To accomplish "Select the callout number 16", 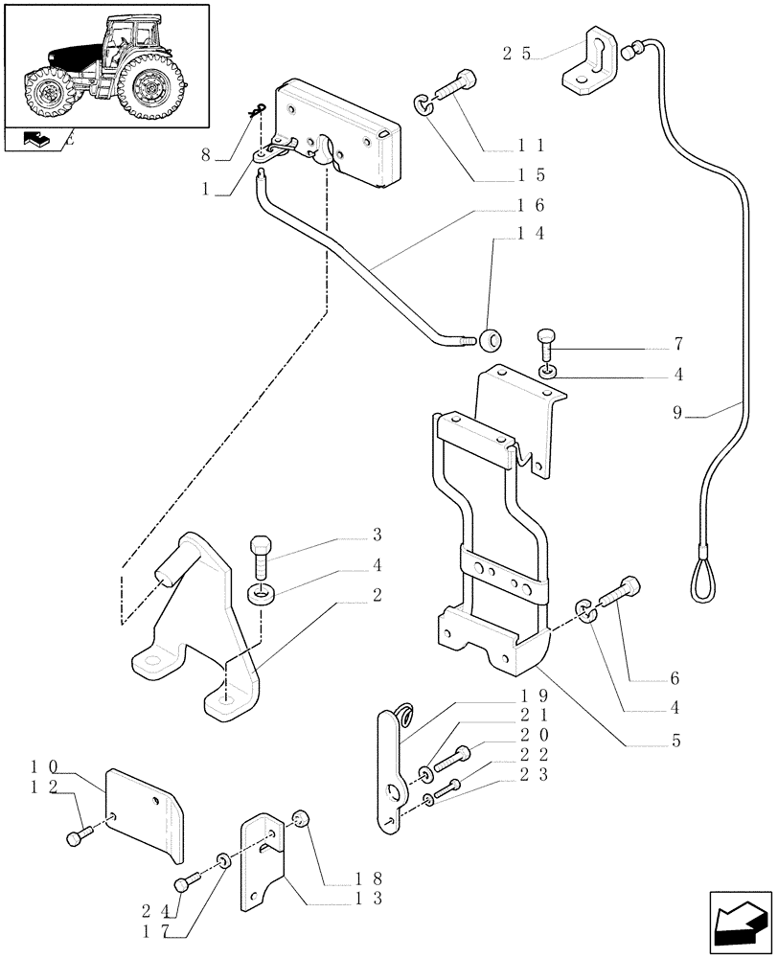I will pos(531,205).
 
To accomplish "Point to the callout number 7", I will pos(676,344).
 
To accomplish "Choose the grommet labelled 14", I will pos(492,338).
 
